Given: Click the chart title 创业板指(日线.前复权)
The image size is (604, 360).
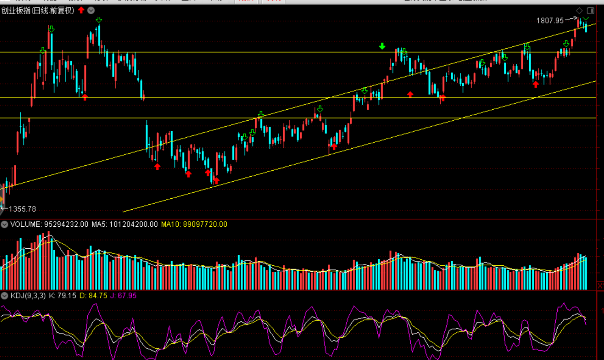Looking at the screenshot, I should [x=38, y=11].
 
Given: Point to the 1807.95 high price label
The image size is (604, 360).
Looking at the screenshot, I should [x=550, y=20].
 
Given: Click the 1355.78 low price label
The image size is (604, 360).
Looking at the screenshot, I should [x=22, y=209].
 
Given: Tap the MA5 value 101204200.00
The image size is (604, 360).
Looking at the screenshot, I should [x=124, y=224].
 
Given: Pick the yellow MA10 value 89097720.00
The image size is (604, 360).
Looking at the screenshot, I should [x=194, y=224].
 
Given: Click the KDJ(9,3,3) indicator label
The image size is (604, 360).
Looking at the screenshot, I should [x=28, y=295].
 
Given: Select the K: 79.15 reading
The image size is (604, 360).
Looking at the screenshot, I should [x=63, y=295].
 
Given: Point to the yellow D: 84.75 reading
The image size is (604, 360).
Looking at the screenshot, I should [x=93, y=295].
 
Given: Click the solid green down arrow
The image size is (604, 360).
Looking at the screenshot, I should [x=382, y=46].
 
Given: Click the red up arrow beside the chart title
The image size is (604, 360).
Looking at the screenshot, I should [x=81, y=10].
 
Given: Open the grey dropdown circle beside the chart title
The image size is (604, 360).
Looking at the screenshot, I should [x=91, y=11].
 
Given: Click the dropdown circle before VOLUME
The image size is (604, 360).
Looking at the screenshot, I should [x=4, y=224].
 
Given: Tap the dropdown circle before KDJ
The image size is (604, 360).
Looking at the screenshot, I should [x=4, y=295].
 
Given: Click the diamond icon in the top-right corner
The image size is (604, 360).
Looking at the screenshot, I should [x=579, y=11].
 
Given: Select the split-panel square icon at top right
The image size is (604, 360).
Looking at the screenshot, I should [x=591, y=11].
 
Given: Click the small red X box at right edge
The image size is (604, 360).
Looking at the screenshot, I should [x=600, y=286].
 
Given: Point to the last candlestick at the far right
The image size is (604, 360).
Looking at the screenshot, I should [x=586, y=27].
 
